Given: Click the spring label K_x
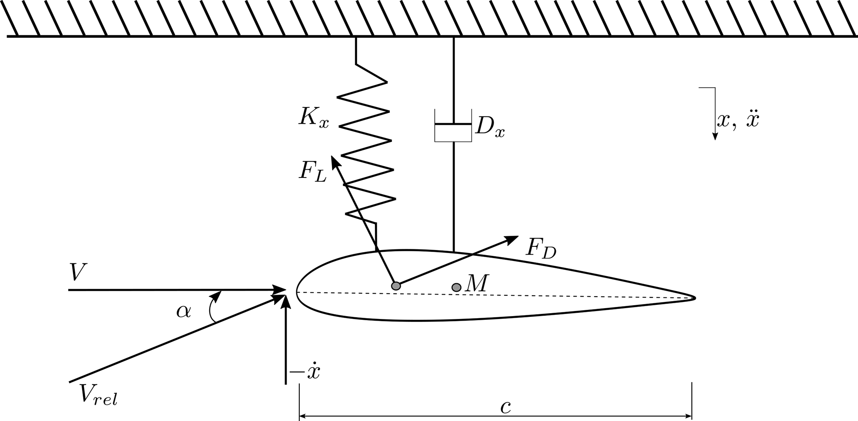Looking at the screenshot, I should tap(313, 118).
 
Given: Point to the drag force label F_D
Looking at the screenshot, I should tap(540, 249).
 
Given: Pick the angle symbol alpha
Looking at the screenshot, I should tap(183, 311).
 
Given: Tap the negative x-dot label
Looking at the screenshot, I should tap(306, 372).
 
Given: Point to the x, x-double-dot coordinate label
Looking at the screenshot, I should tap(738, 120).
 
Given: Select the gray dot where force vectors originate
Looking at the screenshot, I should tap(396, 286).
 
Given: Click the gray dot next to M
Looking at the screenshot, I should tap(456, 287).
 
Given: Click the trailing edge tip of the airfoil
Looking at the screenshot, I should tap(694, 298).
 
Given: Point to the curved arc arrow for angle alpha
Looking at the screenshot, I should tap(211, 307).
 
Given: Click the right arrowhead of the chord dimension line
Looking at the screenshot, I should tap(689, 416).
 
